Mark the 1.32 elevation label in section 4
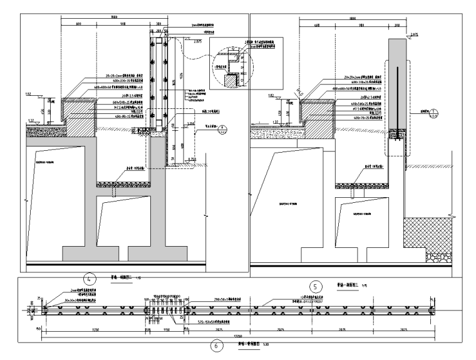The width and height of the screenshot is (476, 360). pos(30,118)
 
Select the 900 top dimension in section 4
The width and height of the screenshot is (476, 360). pos(123,23)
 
